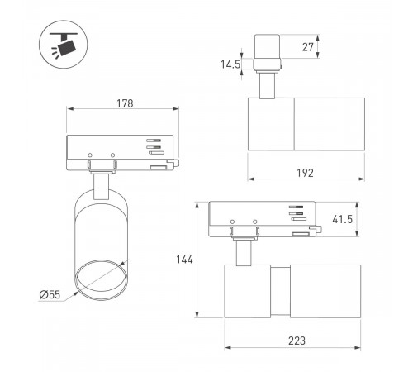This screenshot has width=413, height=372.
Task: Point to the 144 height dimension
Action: (184, 260)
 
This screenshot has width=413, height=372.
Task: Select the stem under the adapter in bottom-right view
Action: (244, 253)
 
